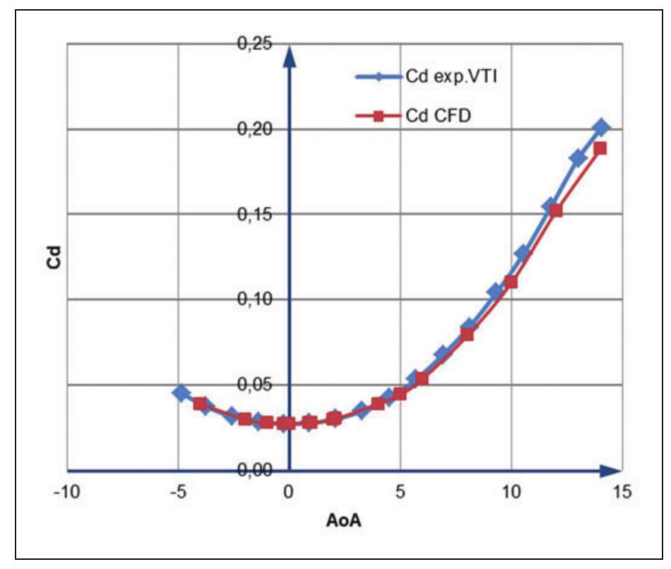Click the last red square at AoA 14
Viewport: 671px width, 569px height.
[600, 148]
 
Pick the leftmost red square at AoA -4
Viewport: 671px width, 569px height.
[200, 404]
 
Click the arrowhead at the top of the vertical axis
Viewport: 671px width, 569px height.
[288, 55]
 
